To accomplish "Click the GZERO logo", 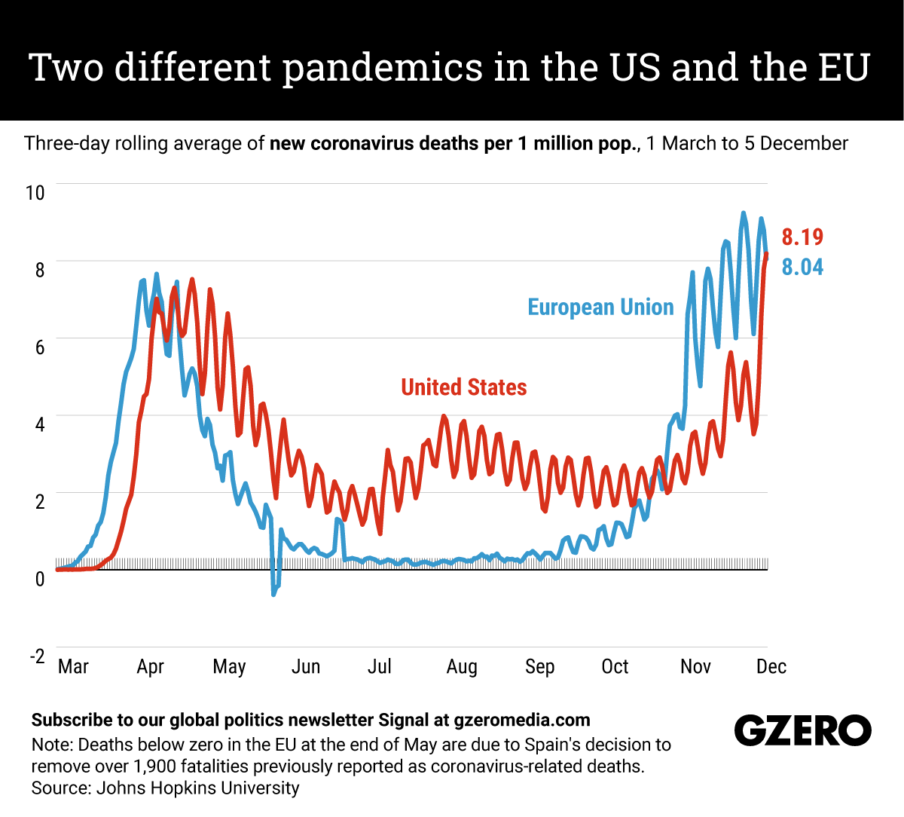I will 802,730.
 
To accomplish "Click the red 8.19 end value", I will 802,237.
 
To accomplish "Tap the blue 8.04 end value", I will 802,267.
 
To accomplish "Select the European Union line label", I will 600,308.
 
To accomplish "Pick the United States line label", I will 463,387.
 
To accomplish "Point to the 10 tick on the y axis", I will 35,193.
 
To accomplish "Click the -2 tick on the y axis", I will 37,656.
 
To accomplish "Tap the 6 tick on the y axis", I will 40,347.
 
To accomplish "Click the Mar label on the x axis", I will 73,667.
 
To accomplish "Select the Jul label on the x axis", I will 379,667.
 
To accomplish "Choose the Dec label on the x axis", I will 771,667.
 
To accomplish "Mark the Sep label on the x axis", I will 539,667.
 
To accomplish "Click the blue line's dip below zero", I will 273,593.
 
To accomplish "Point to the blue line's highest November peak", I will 744,213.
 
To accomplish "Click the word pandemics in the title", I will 383,67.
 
